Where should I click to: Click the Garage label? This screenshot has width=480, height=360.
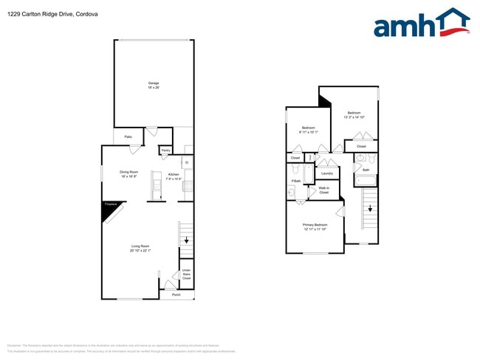click(x=154, y=83)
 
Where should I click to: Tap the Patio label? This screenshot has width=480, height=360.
click(x=128, y=136)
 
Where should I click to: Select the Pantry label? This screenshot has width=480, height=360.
click(x=165, y=150)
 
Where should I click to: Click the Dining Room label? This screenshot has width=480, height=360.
click(x=129, y=172)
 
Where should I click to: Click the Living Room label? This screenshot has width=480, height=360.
click(x=140, y=246)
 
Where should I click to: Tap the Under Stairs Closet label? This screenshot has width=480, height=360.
click(x=186, y=274)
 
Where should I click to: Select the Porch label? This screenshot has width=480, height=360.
click(x=176, y=294)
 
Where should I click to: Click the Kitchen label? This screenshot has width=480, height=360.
click(x=173, y=175)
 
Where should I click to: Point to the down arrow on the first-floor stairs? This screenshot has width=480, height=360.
click(x=187, y=240)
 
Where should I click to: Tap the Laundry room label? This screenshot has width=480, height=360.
click(x=326, y=173)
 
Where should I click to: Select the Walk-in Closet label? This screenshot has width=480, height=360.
click(x=323, y=190)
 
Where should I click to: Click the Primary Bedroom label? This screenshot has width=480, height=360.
click(x=315, y=224)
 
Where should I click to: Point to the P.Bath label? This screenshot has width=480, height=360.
click(x=295, y=181)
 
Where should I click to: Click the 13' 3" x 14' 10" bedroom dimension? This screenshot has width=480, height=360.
click(x=354, y=117)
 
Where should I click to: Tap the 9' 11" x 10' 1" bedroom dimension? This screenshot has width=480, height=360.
click(x=308, y=132)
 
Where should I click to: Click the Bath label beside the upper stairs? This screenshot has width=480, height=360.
click(x=366, y=170)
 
